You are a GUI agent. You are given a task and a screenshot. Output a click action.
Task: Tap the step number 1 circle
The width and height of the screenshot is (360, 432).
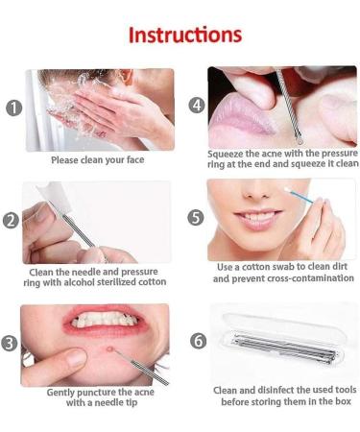(x=13, y=108)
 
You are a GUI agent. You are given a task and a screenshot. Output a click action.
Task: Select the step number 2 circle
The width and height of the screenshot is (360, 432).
(x=12, y=220)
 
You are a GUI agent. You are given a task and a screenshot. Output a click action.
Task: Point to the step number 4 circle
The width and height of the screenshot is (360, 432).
(x=197, y=105)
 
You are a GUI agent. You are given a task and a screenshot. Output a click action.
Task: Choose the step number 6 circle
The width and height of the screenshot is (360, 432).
(x=197, y=340)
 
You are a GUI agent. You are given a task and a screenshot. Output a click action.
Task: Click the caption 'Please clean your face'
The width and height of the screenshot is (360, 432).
(x=98, y=160)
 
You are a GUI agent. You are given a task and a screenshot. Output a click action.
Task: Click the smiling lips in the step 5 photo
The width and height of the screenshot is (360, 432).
(x=252, y=218)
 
